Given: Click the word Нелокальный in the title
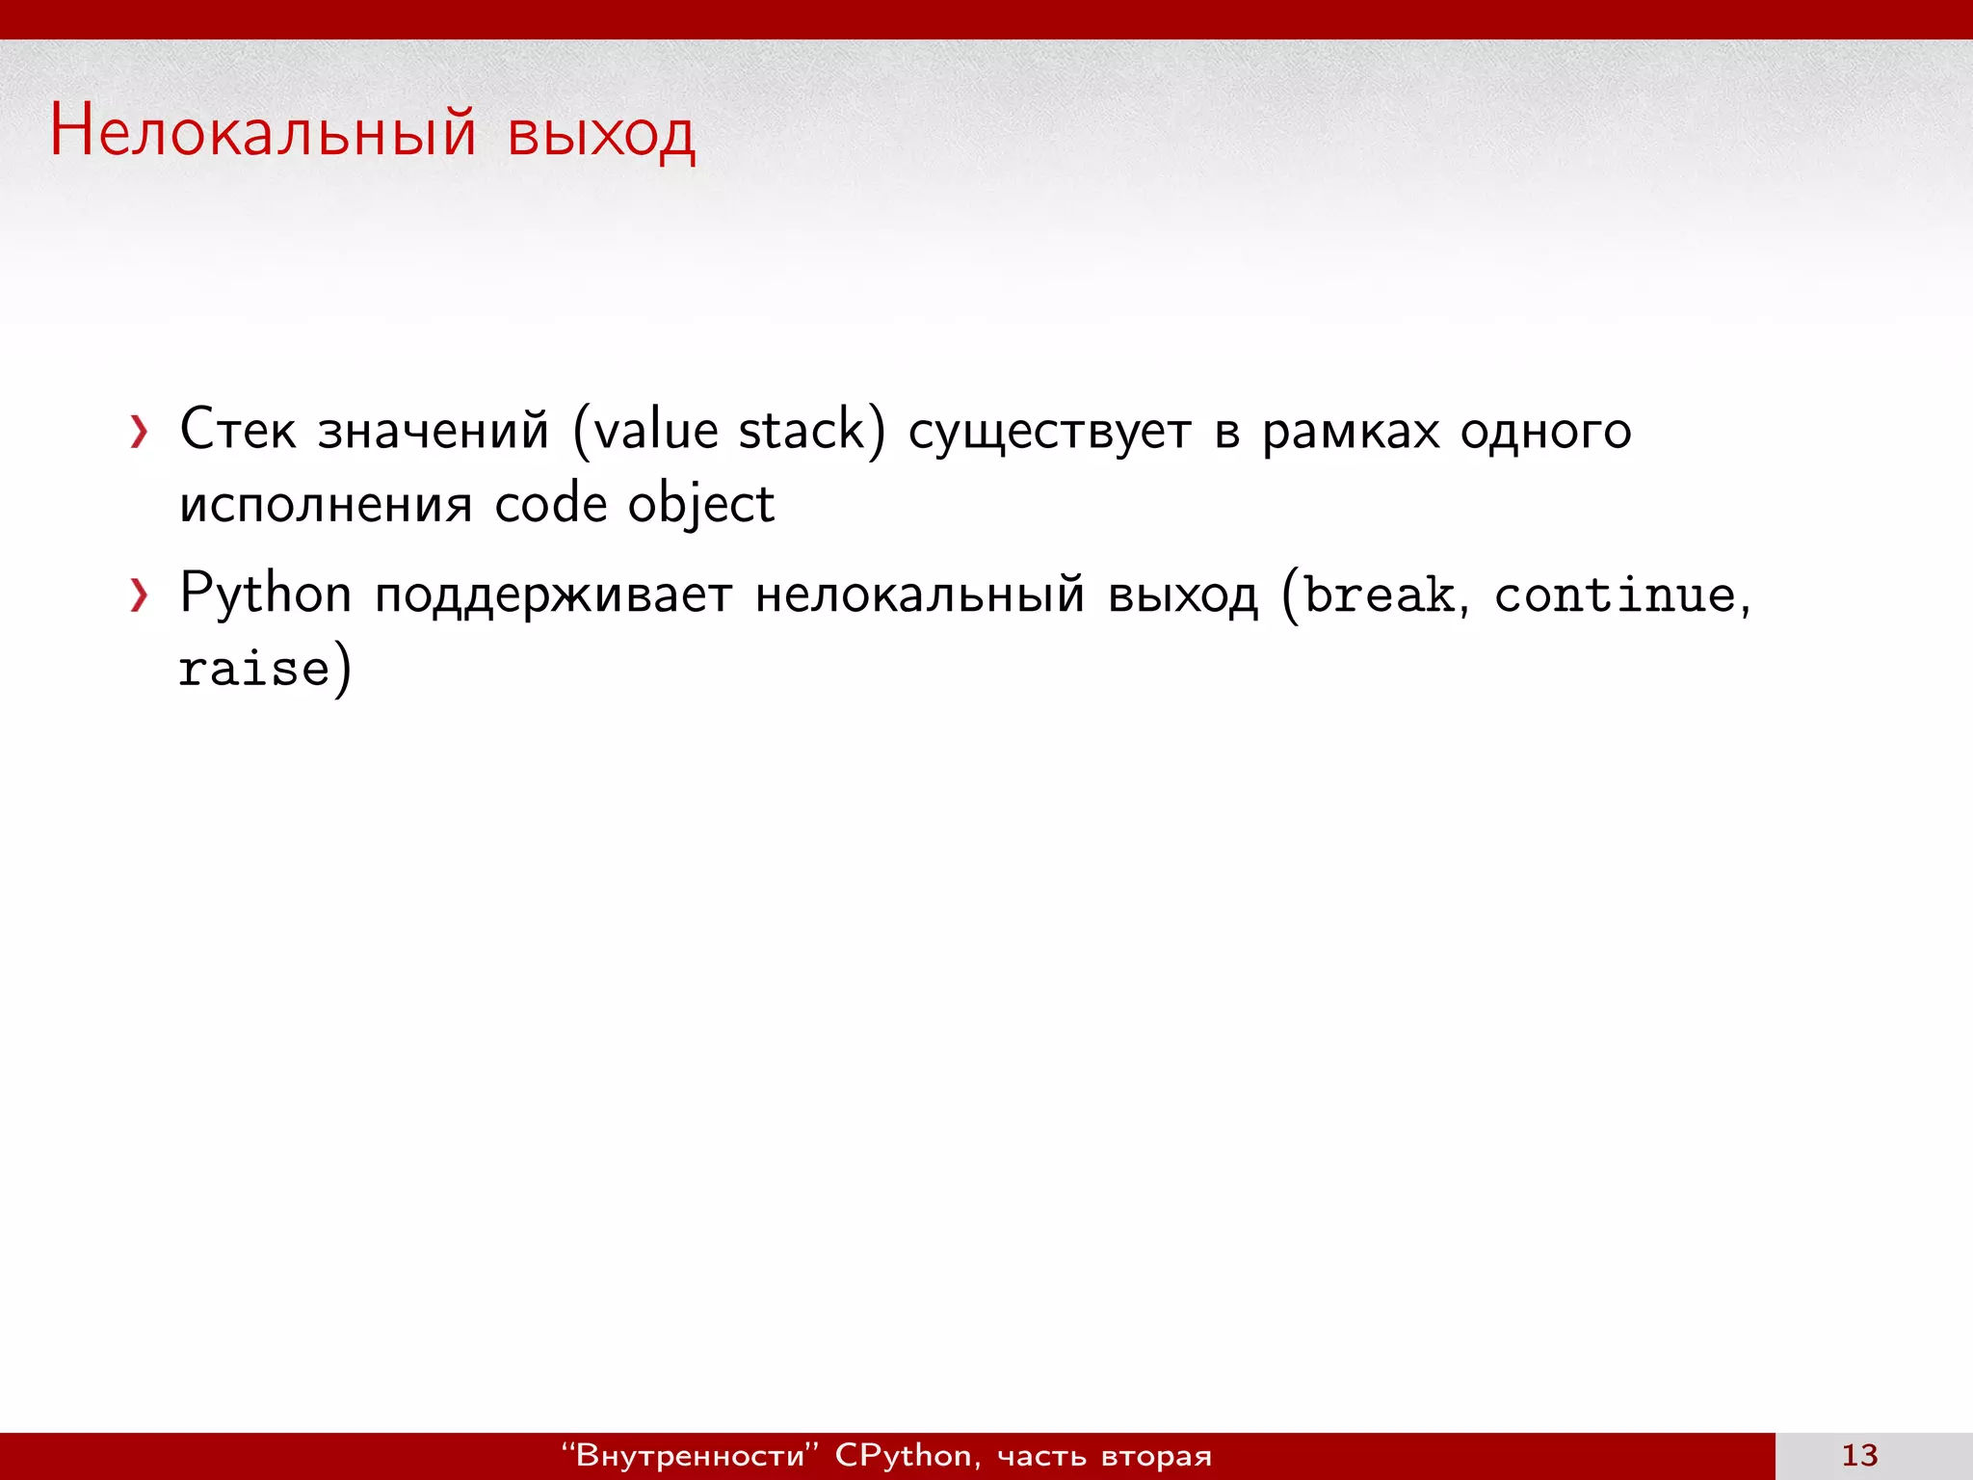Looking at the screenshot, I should pos(263,132).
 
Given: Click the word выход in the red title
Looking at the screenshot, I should pos(600,134).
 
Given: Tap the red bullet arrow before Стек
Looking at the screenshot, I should pos(140,433).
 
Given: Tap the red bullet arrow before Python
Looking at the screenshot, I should pos(140,596).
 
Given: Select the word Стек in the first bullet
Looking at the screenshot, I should pos(237,429).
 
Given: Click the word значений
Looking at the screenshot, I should pos(434,429).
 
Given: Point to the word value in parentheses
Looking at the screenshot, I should pos(655,429).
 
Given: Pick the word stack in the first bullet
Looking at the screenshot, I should pos(802,429).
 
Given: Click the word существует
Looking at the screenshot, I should pos(1049,431).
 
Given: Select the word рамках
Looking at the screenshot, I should pos(1351,431).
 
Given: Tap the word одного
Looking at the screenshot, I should pos(1545,431).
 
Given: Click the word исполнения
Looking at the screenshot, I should pos(326,505).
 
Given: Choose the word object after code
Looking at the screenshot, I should pos(700,505).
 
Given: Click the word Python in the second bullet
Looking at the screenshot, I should pos(265,595).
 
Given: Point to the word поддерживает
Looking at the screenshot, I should pos(554,596).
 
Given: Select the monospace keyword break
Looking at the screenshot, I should pos(1379,595).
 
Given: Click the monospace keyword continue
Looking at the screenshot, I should pos(1615,595).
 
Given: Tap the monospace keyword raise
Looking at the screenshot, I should pos(254,668).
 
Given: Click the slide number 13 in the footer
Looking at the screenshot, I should pos(1859,1455).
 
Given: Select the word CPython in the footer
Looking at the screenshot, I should pos(903,1455).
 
